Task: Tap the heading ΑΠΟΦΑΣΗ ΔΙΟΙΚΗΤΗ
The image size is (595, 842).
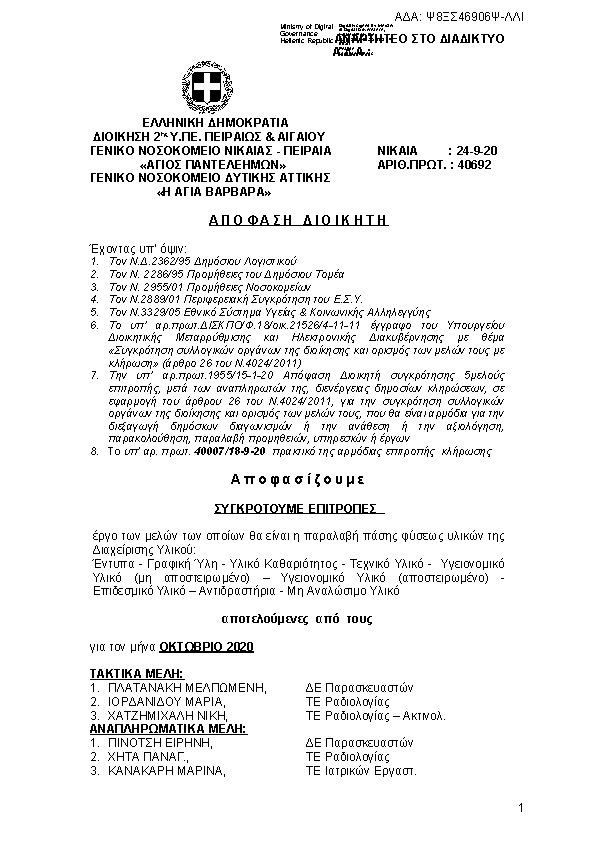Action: pyautogui.click(x=298, y=219)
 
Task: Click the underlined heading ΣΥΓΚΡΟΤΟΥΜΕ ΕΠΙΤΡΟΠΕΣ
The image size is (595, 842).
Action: pyautogui.click(x=298, y=508)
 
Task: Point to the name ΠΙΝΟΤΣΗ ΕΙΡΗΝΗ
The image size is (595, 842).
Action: pyautogui.click(x=163, y=743)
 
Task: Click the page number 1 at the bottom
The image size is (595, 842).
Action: pyautogui.click(x=521, y=807)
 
